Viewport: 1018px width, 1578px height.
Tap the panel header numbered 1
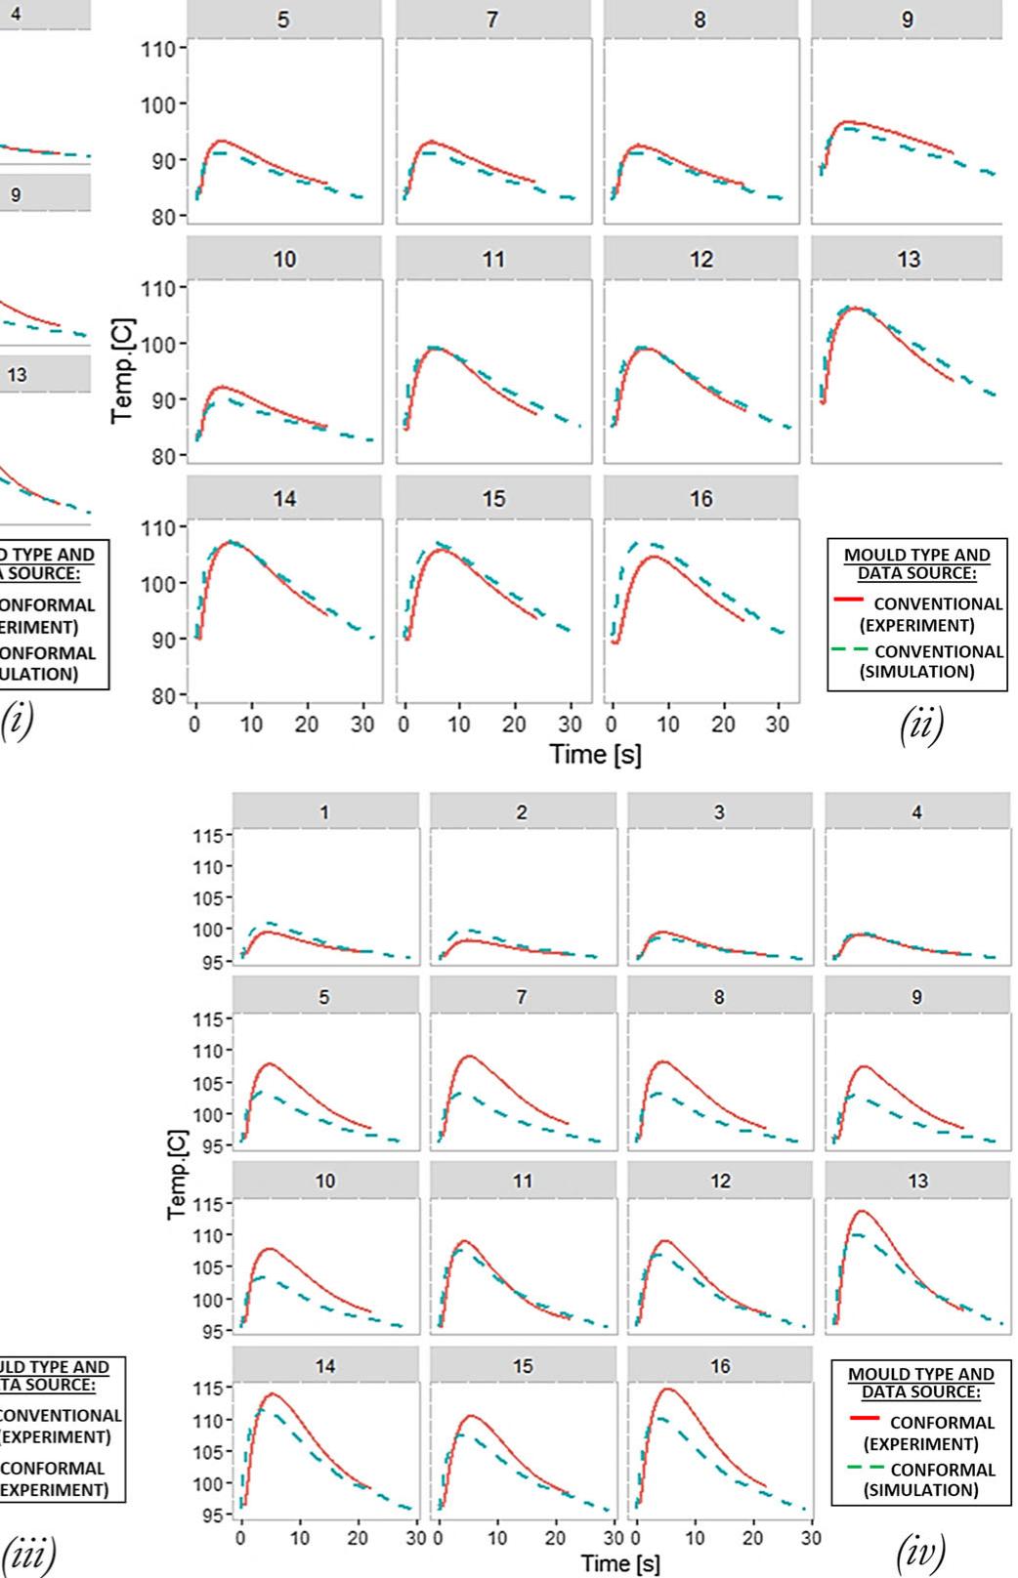click(x=325, y=811)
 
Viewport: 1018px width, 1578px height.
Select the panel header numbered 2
click(x=523, y=811)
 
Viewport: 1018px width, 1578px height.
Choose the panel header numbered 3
click(x=720, y=811)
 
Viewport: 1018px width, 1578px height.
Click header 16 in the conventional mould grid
click(x=700, y=498)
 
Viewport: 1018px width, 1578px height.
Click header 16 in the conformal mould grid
click(x=720, y=1365)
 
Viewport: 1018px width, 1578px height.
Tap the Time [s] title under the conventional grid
click(x=595, y=754)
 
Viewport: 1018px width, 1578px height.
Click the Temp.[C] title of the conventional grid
click(x=122, y=371)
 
